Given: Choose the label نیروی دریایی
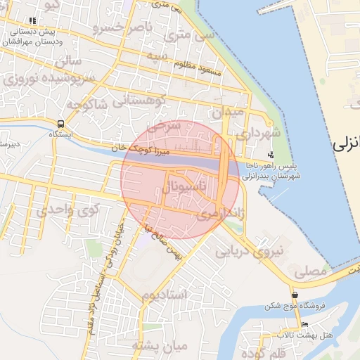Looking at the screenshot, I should [250, 251].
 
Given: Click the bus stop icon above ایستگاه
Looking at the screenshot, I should [60, 125].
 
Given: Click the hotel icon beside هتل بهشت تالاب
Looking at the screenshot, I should [304, 325].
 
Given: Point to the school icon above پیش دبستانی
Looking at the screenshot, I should [31, 22].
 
